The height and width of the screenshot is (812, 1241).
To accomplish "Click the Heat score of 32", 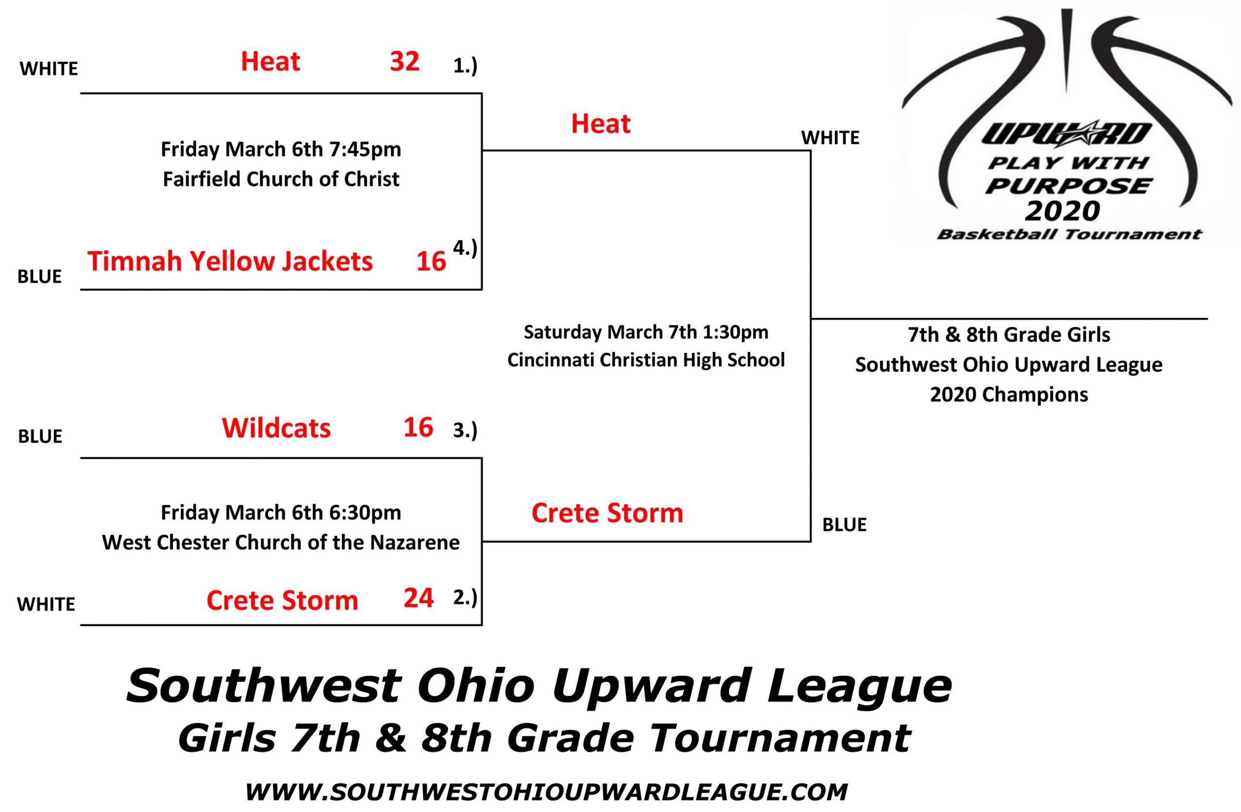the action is (x=405, y=62).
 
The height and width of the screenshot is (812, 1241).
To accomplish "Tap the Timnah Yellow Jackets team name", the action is (x=230, y=261).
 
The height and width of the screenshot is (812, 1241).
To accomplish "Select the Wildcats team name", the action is (x=276, y=428).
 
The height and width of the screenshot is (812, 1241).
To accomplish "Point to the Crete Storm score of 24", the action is (x=419, y=598).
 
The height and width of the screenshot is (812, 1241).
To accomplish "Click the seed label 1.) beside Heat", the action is (x=465, y=67).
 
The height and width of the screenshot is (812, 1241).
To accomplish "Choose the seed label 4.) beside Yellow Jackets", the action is (x=465, y=249).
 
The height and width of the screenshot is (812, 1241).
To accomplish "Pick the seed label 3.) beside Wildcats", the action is (x=465, y=431).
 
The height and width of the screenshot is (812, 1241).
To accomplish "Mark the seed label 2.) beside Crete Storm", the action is (x=465, y=598).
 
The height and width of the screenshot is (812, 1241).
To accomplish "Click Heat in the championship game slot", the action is (x=601, y=124).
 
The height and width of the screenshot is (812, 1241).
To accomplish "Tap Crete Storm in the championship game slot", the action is (x=607, y=513).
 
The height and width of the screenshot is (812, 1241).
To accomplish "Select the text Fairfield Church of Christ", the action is (x=281, y=179).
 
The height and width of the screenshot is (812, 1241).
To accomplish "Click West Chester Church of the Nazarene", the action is (x=281, y=543).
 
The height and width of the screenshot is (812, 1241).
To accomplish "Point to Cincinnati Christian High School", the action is (x=646, y=360).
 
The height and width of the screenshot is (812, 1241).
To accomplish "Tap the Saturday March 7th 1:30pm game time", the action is (x=646, y=332).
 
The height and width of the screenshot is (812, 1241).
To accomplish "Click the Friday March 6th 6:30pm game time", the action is (x=281, y=512).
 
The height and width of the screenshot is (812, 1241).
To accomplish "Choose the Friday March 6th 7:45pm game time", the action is (x=281, y=150).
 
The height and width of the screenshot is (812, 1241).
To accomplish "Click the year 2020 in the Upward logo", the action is (x=1062, y=211).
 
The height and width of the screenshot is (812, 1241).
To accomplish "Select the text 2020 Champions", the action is (x=1009, y=395).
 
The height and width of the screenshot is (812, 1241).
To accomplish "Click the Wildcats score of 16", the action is (x=418, y=427).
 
